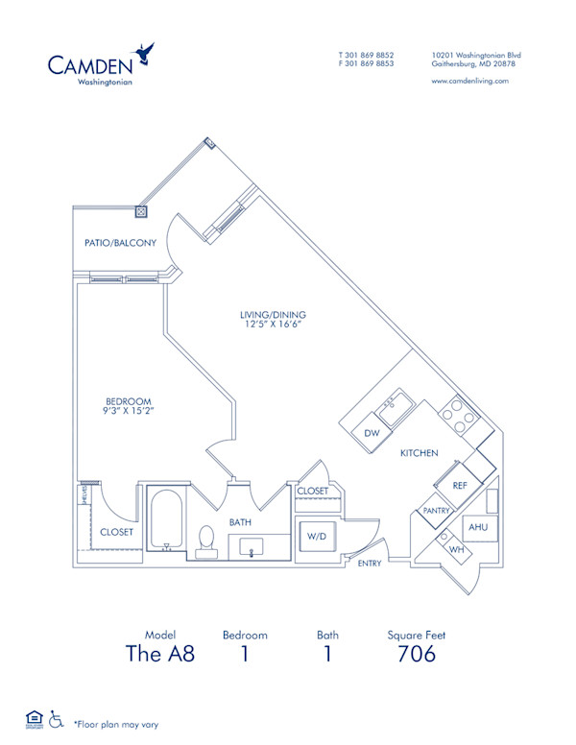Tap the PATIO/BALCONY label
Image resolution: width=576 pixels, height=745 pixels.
tap(120, 243)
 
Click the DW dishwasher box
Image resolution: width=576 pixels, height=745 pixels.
tap(372, 433)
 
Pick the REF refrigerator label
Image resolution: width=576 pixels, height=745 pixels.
tap(459, 486)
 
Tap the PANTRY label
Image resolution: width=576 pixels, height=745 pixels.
tap(437, 511)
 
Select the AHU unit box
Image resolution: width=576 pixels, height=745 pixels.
tap(477, 528)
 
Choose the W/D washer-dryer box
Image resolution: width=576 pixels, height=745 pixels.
tap(315, 536)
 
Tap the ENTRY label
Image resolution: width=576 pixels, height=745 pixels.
tap(370, 564)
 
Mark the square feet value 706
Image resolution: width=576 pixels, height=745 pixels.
tap(417, 655)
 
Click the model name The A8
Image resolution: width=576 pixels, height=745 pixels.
tap(160, 655)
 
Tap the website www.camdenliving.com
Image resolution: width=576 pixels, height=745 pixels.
tap(469, 82)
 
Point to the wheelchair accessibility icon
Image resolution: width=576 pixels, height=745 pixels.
tap(57, 718)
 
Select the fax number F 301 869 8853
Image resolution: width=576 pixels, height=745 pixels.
tap(366, 63)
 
